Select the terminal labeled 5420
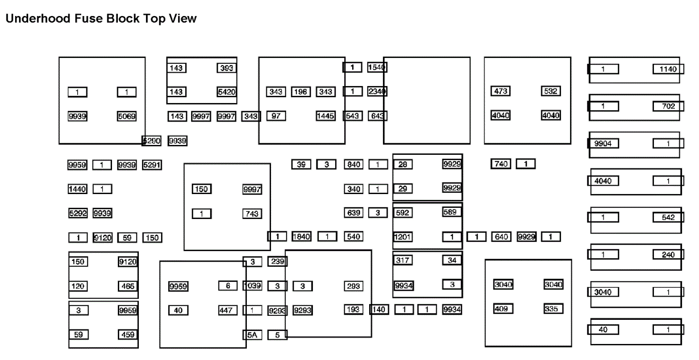[x=226, y=92]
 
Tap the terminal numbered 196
[x=301, y=92]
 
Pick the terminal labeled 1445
[x=326, y=116]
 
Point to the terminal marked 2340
[x=377, y=91]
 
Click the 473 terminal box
[x=500, y=91]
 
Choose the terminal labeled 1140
[x=668, y=69]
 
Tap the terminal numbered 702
[x=668, y=106]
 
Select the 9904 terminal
[x=603, y=144]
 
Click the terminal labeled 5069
[x=127, y=116]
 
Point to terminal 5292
[x=78, y=213]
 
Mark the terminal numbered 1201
[x=402, y=237]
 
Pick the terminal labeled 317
[x=403, y=260]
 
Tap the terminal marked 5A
[x=252, y=335]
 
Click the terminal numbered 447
[x=226, y=310]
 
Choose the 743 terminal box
[x=252, y=214]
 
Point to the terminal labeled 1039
[x=252, y=286]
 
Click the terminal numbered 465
[x=128, y=286]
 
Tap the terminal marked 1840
[x=301, y=237]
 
